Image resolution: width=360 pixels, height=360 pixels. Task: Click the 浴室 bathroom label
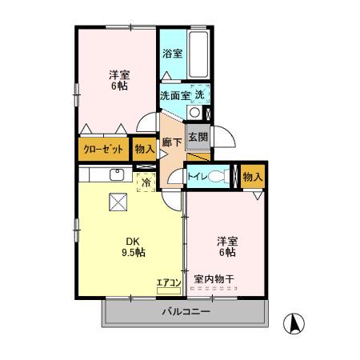(x=172, y=55)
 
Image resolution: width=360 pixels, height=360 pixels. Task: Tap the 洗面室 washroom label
(x=174, y=95)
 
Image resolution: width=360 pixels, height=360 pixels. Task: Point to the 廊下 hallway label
(x=171, y=143)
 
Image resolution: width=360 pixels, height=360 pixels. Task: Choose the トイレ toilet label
(x=198, y=175)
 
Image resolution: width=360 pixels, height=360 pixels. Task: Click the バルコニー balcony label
(x=186, y=312)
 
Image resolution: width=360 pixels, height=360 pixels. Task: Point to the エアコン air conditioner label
(x=168, y=282)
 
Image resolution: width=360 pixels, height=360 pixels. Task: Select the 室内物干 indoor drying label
(x=214, y=280)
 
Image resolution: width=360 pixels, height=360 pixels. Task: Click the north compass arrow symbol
(x=295, y=323)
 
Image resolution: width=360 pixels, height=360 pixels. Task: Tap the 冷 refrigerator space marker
(x=146, y=182)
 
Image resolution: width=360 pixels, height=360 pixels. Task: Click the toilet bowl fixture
(x=216, y=175)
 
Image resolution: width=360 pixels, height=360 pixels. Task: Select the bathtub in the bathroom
(x=198, y=55)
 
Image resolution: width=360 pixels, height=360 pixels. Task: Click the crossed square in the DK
(x=118, y=202)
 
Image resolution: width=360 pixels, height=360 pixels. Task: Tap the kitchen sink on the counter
(x=117, y=175)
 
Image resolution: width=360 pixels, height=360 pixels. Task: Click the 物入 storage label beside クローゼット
(x=145, y=149)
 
